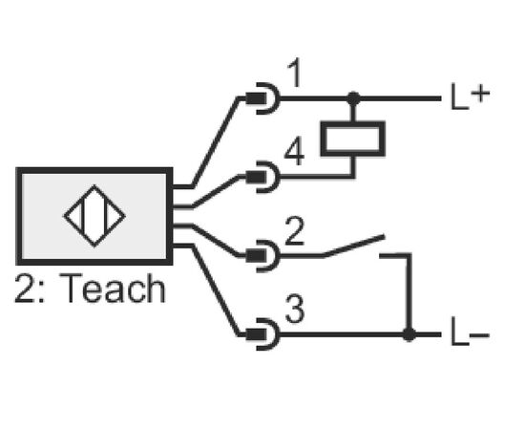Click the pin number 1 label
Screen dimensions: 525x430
(294, 73)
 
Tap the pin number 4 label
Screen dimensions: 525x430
(294, 152)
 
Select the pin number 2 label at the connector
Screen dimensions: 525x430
(294, 231)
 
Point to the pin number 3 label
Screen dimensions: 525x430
(295, 310)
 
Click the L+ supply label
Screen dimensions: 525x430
(470, 97)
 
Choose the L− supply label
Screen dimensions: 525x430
(470, 332)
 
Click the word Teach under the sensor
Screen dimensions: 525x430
(113, 288)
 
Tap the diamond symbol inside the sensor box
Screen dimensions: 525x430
(94, 216)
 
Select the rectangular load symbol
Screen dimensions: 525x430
(353, 139)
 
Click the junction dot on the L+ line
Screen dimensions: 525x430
(353, 98)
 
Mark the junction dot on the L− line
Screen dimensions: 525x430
(409, 334)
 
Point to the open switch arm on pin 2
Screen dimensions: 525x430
(353, 246)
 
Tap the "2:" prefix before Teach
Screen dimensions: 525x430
(30, 289)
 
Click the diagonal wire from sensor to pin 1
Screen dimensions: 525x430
(216, 142)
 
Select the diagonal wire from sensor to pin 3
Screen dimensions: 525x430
(216, 290)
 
